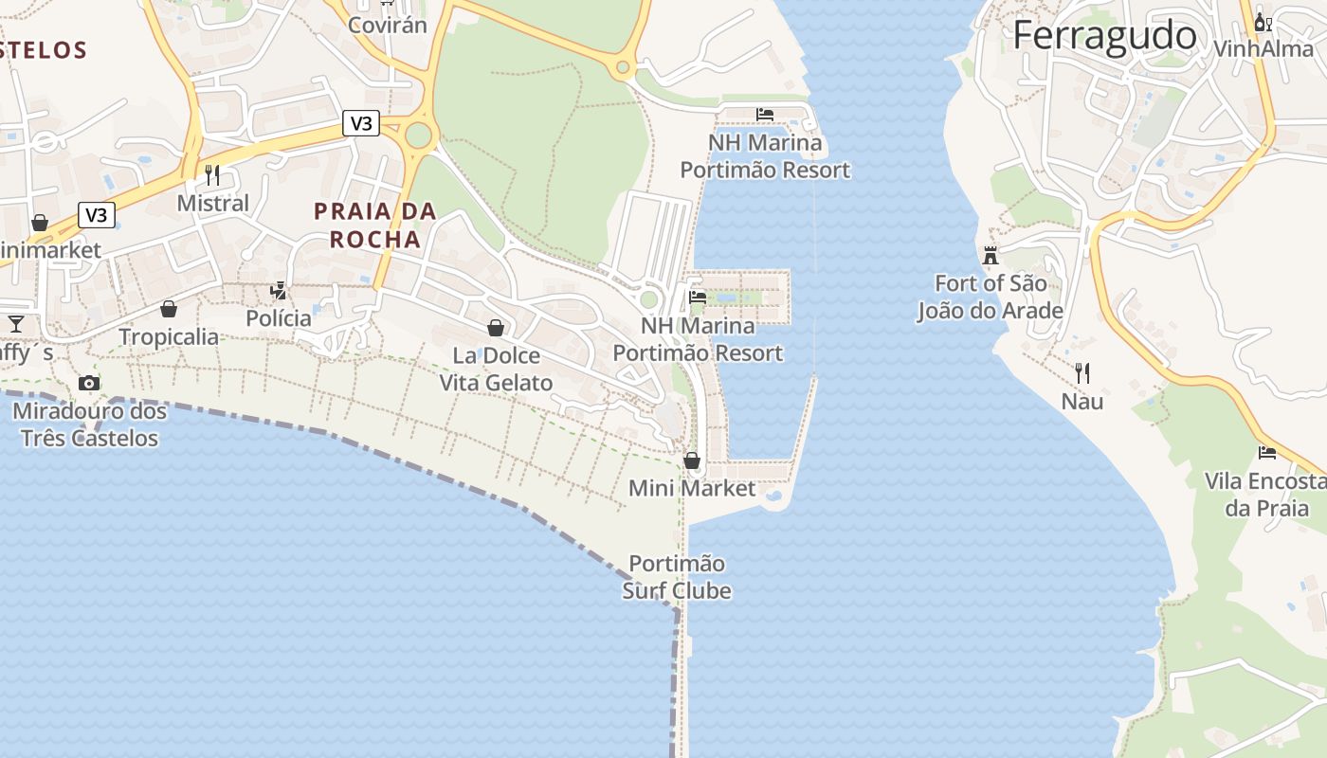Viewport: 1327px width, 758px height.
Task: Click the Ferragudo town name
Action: [1105, 36]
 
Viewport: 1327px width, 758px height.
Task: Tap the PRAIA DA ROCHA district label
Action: [375, 225]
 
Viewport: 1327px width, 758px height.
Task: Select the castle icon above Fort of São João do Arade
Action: [991, 255]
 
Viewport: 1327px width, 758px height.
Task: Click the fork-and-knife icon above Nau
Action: [1082, 372]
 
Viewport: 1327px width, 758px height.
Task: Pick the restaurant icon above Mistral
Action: [212, 174]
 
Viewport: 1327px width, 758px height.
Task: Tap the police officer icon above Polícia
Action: [279, 290]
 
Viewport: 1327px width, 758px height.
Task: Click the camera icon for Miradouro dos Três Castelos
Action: [89, 383]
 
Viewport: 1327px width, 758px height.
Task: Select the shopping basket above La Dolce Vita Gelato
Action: [495, 328]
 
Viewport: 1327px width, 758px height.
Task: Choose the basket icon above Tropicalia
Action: [169, 309]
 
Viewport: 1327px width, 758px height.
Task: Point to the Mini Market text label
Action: [693, 489]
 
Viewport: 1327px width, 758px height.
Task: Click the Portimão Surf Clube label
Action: [677, 577]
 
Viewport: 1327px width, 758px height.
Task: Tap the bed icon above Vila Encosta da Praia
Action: [1267, 452]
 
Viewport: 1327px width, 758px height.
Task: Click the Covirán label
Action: [388, 25]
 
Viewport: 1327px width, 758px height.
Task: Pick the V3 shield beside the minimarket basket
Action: [96, 215]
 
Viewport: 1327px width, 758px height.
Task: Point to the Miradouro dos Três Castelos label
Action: [89, 424]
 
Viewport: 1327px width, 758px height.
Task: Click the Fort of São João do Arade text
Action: [991, 297]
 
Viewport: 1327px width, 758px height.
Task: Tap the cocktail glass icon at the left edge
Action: [16, 324]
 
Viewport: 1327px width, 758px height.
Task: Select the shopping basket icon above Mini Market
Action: [692, 460]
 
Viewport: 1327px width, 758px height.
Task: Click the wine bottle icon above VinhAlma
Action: [1263, 22]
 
